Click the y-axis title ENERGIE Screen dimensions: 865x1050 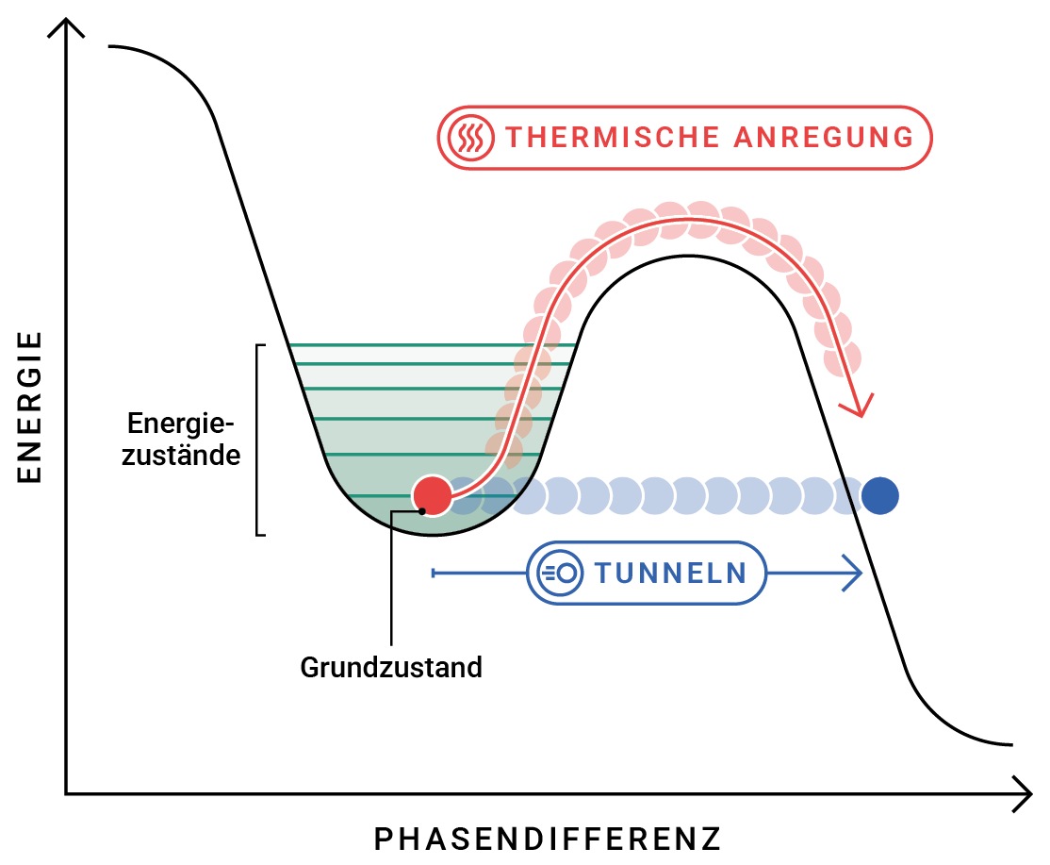(30, 407)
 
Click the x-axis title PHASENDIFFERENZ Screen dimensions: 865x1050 (548, 838)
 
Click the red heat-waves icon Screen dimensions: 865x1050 (470, 138)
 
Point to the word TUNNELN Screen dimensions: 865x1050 (671, 573)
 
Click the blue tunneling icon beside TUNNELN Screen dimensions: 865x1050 (558, 573)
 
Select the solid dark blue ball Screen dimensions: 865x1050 (880, 494)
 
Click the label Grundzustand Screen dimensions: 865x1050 (391, 668)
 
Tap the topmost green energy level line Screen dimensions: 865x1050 (434, 345)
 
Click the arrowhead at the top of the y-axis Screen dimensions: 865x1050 (66, 26)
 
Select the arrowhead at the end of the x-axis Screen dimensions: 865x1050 (1022, 793)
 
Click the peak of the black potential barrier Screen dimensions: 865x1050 (690, 257)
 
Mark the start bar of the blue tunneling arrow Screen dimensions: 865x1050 (433, 573)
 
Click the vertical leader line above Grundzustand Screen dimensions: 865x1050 (390, 585)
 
